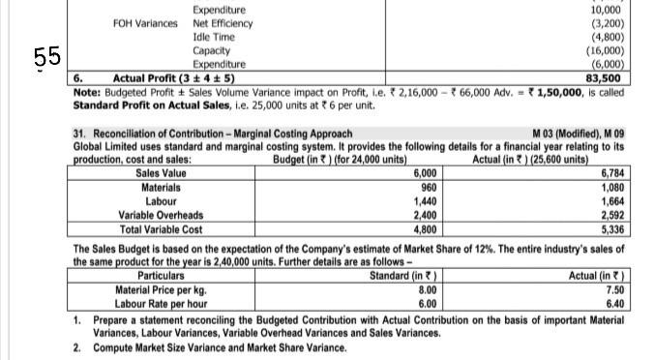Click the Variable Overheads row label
coord(161,215)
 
